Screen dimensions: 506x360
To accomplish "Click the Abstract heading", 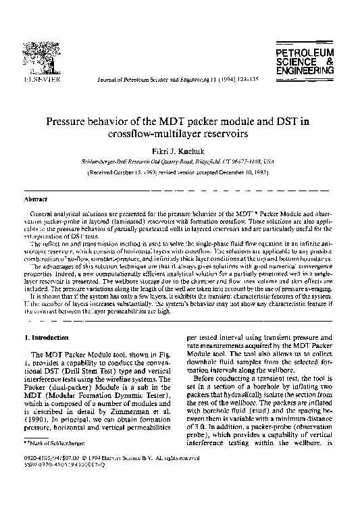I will click(x=35, y=200).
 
